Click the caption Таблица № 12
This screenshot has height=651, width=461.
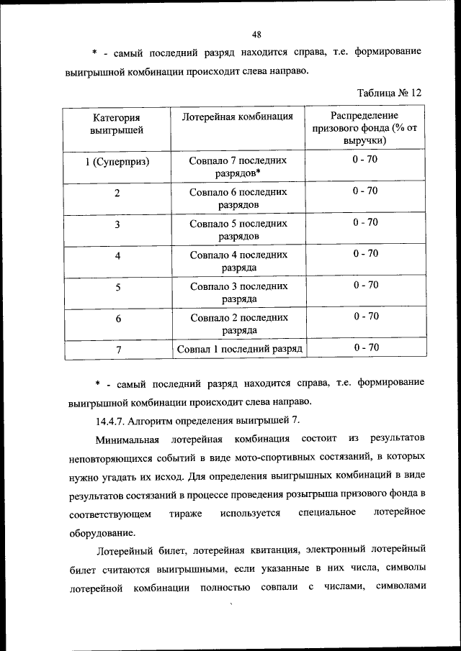pyautogui.click(x=389, y=93)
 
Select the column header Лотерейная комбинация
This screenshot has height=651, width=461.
pyautogui.click(x=238, y=116)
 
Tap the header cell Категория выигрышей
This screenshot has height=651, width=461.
pyautogui.click(x=117, y=123)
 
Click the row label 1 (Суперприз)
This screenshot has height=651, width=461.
pyautogui.click(x=117, y=162)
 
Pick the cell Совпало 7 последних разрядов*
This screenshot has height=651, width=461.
pyautogui.click(x=238, y=167)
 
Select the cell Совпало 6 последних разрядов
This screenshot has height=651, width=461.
pyautogui.click(x=238, y=199)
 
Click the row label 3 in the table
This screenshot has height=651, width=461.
pyautogui.click(x=117, y=224)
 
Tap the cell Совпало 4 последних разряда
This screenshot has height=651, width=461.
pyautogui.click(x=238, y=261)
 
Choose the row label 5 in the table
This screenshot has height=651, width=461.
pyautogui.click(x=117, y=287)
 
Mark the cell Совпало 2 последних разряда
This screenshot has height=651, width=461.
pyautogui.click(x=238, y=324)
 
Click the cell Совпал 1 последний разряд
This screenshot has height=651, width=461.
pyautogui.click(x=238, y=349)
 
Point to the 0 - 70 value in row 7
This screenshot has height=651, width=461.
pyautogui.click(x=365, y=347)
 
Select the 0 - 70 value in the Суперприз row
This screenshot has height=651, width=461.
pyautogui.click(x=365, y=159)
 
